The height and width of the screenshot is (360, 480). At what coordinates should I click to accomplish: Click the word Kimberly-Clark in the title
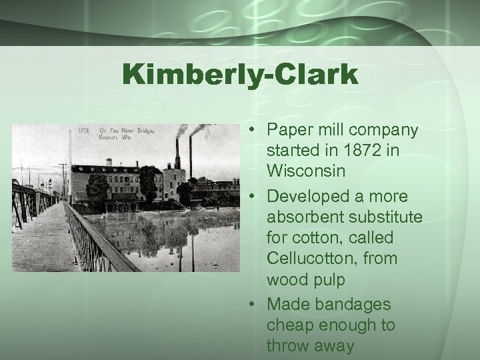[241, 75]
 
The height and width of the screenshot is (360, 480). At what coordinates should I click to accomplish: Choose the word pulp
[328, 280]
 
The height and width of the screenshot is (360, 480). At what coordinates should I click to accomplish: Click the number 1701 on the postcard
[83, 131]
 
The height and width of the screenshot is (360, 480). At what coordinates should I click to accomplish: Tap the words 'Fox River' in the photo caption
[124, 131]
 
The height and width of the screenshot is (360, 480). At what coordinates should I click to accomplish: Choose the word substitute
[386, 217]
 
